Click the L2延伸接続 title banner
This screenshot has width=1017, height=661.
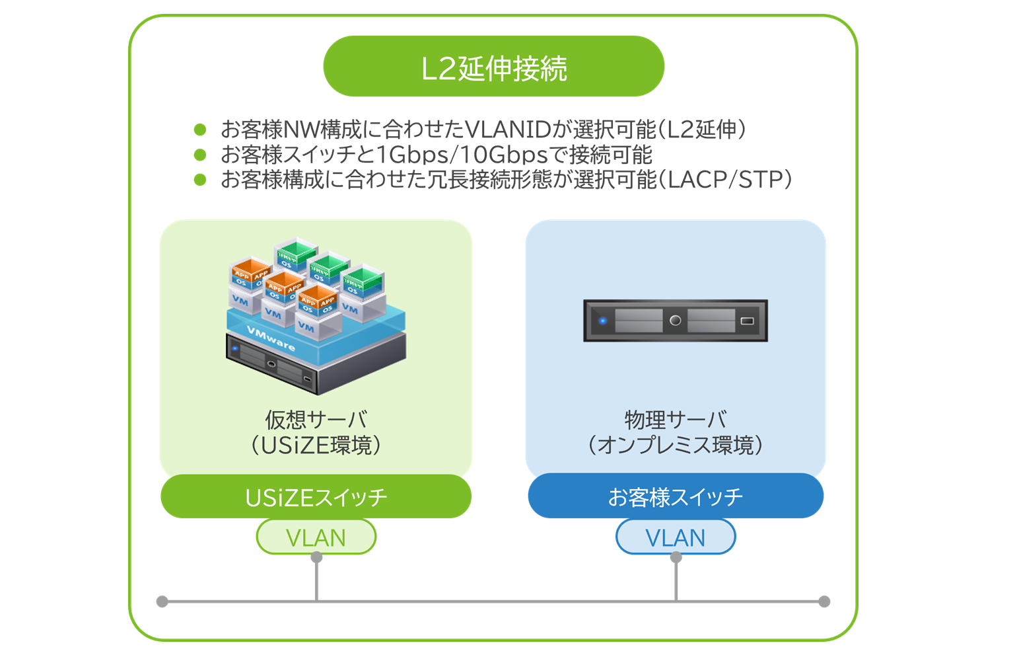click(493, 67)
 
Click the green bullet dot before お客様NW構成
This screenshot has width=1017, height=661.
click(200, 130)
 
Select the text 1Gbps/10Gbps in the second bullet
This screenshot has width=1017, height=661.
click(462, 155)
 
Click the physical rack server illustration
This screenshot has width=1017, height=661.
click(675, 321)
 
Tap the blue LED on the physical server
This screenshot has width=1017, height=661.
click(602, 321)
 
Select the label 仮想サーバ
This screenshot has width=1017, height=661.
click(316, 419)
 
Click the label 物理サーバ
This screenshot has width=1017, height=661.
click(675, 419)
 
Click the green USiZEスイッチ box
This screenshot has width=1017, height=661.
click(316, 496)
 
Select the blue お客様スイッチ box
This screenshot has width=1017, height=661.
click(675, 496)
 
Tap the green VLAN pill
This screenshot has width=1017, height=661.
click(316, 537)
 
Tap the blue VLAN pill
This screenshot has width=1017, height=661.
click(675, 537)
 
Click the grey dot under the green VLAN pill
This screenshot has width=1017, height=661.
click(316, 557)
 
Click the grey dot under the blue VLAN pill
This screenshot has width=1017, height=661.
click(676, 557)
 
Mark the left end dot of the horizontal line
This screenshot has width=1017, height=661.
click(162, 602)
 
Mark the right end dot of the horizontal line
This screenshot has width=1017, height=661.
click(824, 602)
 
